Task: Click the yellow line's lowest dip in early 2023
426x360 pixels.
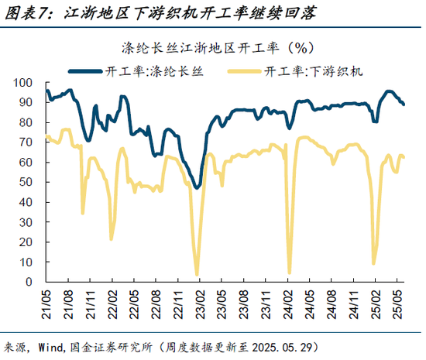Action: click(x=197, y=275)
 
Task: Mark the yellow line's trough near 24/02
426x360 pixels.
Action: click(x=290, y=273)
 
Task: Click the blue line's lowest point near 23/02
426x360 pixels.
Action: click(x=197, y=187)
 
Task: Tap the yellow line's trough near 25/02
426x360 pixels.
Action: click(x=374, y=264)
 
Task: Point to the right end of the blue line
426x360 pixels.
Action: click(x=404, y=105)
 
